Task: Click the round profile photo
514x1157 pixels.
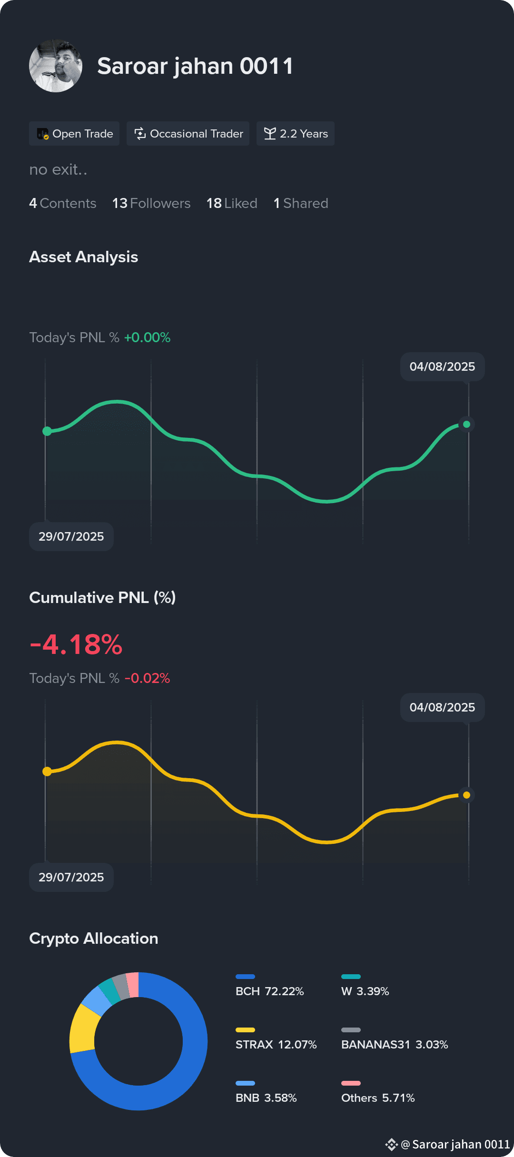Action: pos(56,66)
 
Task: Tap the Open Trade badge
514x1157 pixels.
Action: pos(74,134)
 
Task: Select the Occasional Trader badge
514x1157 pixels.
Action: pos(188,134)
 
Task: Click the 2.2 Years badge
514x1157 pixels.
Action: pos(296,134)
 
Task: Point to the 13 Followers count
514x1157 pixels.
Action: pos(151,203)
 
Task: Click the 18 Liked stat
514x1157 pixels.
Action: pos(232,203)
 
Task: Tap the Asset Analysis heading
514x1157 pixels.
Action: pos(84,257)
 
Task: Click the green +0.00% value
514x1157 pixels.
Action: pos(147,337)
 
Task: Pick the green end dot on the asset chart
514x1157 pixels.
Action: pos(466,424)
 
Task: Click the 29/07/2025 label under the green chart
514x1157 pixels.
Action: pos(71,536)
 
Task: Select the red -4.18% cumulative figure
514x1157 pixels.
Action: pos(76,644)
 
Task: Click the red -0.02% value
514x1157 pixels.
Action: pos(147,678)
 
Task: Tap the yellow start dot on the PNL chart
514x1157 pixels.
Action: pos(47,771)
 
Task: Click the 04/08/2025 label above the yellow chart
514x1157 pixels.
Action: pos(443,707)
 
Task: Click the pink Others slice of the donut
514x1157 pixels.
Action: pos(132,985)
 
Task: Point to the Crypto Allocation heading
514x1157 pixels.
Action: pos(94,939)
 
